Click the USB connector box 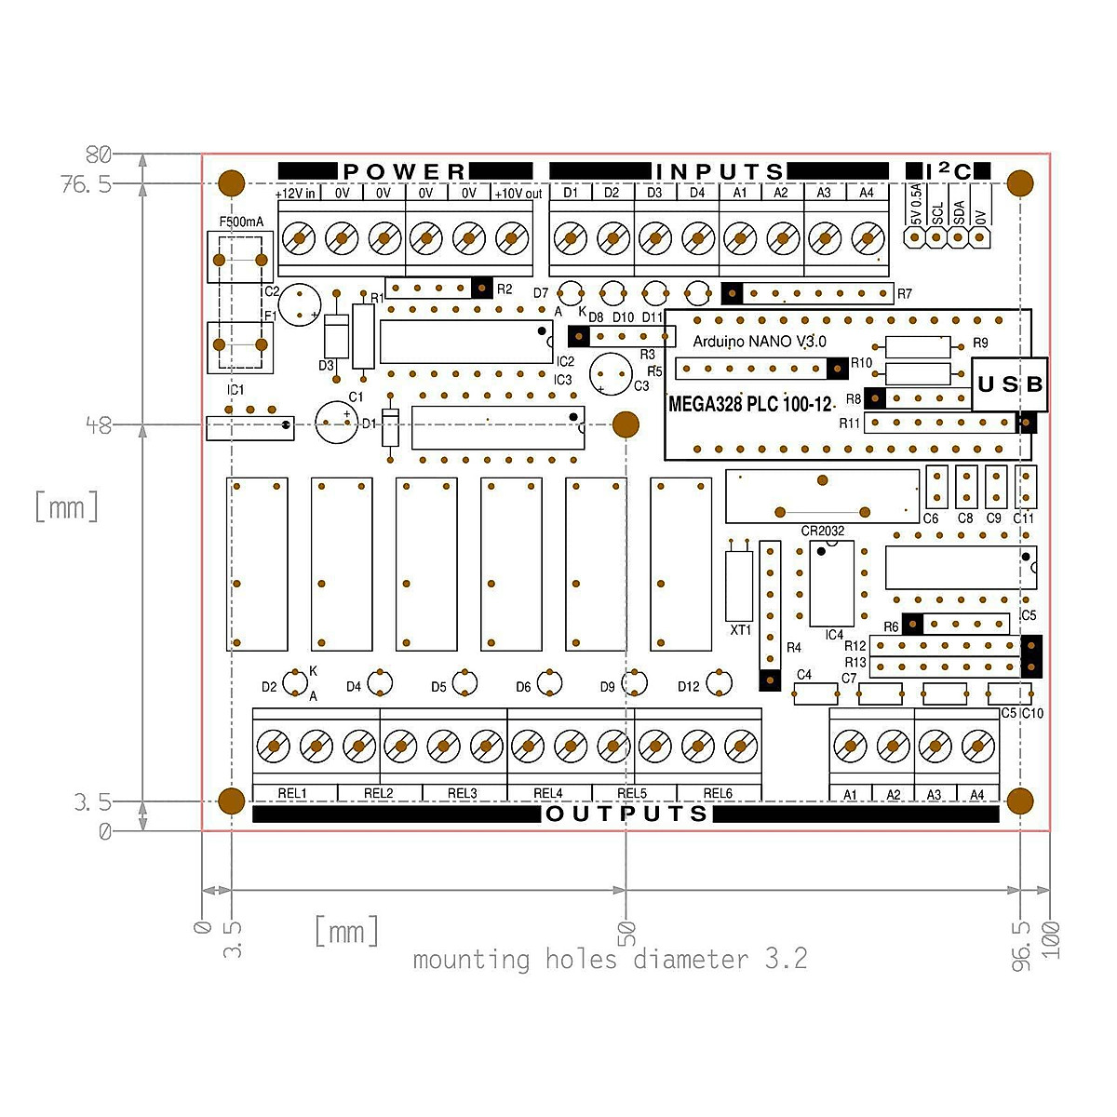click(x=1010, y=384)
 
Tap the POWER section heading click(x=404, y=171)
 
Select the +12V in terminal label click(x=296, y=194)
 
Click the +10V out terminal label click(x=518, y=194)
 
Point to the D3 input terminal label click(x=654, y=193)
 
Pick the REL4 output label click(x=548, y=793)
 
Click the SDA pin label click(x=959, y=213)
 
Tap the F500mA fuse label click(x=241, y=222)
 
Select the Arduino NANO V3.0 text click(x=759, y=342)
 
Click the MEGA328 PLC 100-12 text click(x=749, y=405)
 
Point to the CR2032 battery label click(x=823, y=531)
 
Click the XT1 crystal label click(x=740, y=630)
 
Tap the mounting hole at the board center click(x=626, y=425)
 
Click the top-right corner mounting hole click(x=1020, y=182)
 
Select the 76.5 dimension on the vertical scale click(x=86, y=184)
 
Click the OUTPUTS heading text click(x=627, y=814)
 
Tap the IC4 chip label click(x=834, y=635)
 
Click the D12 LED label click(x=688, y=687)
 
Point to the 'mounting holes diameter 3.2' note click(x=610, y=960)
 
